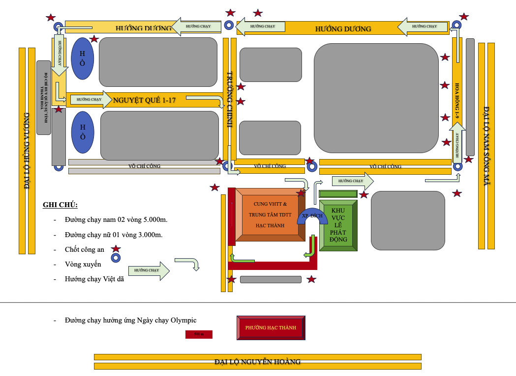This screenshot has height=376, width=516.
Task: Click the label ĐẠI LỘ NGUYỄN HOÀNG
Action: [x=257, y=362]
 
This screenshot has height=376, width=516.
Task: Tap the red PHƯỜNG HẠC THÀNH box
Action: [x=271, y=327]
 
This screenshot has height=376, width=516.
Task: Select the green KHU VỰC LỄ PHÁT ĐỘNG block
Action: [x=338, y=225]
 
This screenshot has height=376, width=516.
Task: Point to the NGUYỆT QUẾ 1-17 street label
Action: [x=144, y=100]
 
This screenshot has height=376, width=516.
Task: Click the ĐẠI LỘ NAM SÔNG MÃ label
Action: [x=486, y=146]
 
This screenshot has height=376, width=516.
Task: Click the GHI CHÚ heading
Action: [x=60, y=205]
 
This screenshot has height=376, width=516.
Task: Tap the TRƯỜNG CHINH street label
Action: [x=230, y=100]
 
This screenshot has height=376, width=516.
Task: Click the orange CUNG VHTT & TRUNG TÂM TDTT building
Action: [x=270, y=215]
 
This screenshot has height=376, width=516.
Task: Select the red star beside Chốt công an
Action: [x=116, y=249]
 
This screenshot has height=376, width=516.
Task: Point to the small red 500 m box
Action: [x=199, y=334]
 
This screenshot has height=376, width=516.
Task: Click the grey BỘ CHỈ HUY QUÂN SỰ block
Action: [x=44, y=97]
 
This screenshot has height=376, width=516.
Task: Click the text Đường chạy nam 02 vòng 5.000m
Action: [x=116, y=219]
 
